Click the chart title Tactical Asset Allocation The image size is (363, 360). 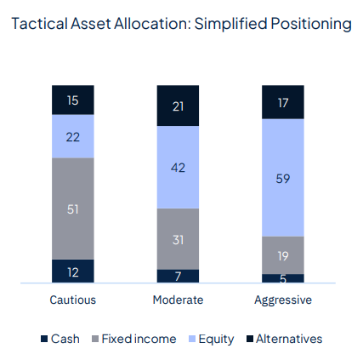(181, 24)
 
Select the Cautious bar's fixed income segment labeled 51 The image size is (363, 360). (73, 209)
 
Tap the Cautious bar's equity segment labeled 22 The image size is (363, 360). (73, 136)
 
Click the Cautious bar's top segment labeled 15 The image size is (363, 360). (73, 100)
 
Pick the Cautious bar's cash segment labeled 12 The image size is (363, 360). (73, 271)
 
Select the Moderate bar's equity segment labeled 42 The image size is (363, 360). (178, 168)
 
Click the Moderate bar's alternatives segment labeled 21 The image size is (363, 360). (178, 106)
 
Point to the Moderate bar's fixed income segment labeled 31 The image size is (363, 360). (178, 239)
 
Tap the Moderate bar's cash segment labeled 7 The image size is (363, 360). (178, 276)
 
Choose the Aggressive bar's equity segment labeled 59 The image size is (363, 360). (281, 178)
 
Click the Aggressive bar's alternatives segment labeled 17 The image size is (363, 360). (281, 101)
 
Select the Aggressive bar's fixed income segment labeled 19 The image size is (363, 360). (281, 254)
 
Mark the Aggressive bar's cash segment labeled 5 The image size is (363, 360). (281, 277)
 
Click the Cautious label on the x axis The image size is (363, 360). (73, 300)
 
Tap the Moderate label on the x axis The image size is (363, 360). (178, 300)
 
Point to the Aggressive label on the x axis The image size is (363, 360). (281, 300)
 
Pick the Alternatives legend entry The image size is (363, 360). (283, 339)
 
